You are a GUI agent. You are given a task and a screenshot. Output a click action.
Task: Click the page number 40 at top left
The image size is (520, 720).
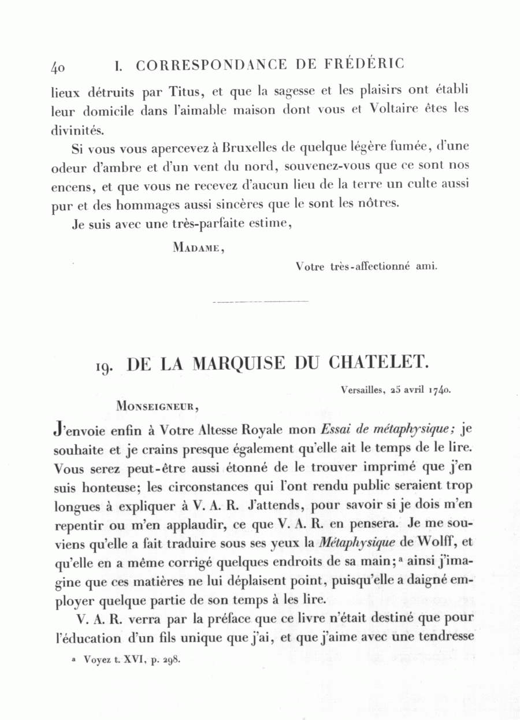(x=58, y=67)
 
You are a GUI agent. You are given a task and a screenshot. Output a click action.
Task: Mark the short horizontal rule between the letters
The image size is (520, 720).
(x=260, y=302)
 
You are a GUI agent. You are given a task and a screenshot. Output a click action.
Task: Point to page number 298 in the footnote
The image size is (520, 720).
(x=171, y=659)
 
